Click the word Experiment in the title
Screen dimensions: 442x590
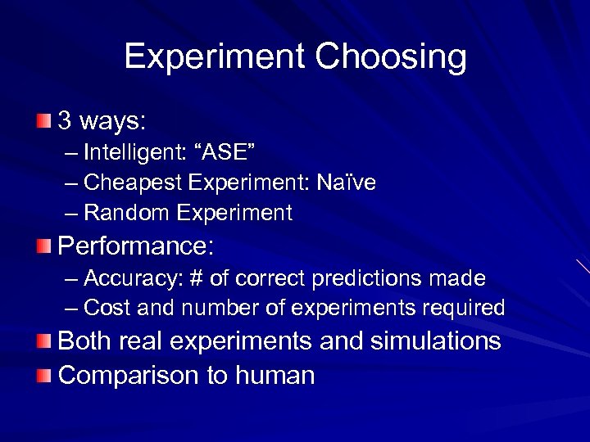(215, 57)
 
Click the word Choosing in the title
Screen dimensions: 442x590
(390, 57)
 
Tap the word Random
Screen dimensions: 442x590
(120, 213)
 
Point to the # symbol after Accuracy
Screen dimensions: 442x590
(196, 278)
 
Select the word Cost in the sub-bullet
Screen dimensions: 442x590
(102, 309)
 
